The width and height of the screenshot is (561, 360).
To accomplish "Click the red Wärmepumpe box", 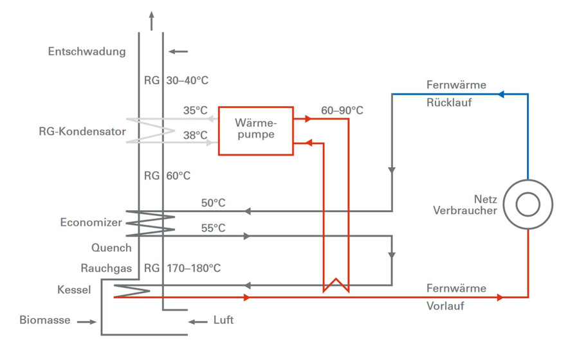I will tap(255, 130).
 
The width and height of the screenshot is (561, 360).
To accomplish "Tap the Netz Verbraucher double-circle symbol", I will tap(528, 205).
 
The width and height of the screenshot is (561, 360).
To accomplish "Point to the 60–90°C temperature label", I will tap(342, 111).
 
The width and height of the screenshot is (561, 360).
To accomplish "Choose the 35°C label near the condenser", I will tap(195, 111).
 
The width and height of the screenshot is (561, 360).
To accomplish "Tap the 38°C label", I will tap(195, 136).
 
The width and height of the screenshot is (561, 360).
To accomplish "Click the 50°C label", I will tap(213, 203).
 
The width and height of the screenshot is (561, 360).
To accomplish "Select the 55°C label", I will tap(213, 228).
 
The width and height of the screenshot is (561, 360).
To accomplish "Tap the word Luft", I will tap(223, 320).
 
